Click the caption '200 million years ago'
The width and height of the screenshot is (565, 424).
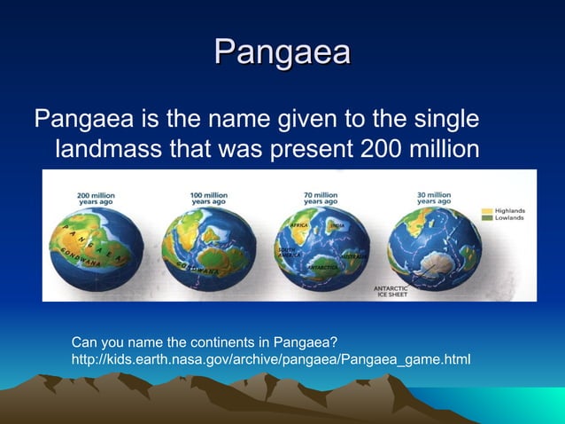pyautogui.click(x=96, y=198)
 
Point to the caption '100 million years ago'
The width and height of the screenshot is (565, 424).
pyautogui.click(x=208, y=198)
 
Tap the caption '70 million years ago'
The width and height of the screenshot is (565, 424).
pyautogui.click(x=320, y=198)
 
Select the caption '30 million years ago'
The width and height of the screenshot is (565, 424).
pyautogui.click(x=434, y=198)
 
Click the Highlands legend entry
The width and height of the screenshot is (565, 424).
pyautogui.click(x=507, y=211)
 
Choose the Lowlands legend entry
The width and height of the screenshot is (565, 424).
pyautogui.click(x=507, y=219)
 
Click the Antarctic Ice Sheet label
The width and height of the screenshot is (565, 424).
pyautogui.click(x=391, y=291)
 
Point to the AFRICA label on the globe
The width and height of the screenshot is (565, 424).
pyautogui.click(x=299, y=227)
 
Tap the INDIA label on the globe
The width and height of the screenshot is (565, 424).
pyautogui.click(x=337, y=227)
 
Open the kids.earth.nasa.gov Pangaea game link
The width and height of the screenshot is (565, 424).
pyautogui.click(x=271, y=358)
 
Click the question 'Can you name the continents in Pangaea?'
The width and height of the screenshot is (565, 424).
pyautogui.click(x=205, y=342)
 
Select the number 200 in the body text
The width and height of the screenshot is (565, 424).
pyautogui.click(x=383, y=148)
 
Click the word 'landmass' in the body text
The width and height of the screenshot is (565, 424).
pyautogui.click(x=109, y=148)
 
